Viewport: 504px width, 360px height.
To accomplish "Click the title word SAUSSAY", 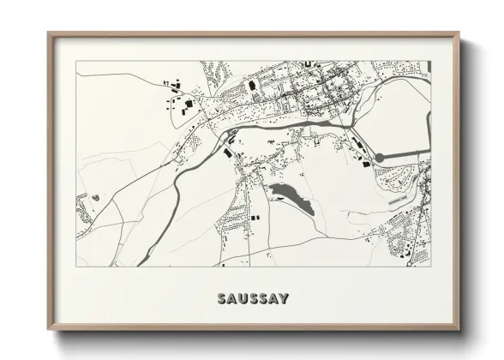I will click(252, 299).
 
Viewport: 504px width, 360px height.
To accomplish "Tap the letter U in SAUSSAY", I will click(242, 299).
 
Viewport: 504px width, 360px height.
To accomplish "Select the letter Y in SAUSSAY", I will click(284, 299).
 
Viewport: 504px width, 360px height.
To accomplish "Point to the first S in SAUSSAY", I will click(222, 299).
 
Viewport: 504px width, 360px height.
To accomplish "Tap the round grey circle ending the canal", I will click(380, 158).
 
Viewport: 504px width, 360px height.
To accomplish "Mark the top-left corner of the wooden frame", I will click(49, 33).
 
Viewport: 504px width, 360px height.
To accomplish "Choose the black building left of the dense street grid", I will click(252, 86).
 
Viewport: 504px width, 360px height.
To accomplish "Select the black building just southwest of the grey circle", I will click(362, 165).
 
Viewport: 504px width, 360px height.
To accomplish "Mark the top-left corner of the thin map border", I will click(76, 61).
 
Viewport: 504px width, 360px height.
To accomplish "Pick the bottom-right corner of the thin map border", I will click(430, 267).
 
